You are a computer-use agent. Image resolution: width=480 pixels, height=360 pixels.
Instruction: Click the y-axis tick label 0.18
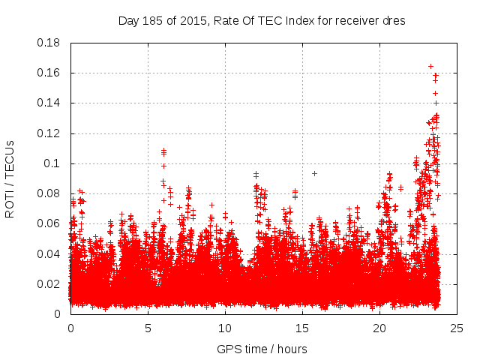coord(49,43)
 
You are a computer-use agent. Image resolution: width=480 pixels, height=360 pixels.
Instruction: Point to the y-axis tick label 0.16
coord(49,73)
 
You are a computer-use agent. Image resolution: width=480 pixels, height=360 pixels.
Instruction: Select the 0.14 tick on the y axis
coord(49,103)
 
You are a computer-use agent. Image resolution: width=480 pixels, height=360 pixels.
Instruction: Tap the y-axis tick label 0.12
coord(49,133)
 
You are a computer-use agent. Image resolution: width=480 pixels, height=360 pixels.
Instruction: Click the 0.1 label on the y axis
coord(52,163)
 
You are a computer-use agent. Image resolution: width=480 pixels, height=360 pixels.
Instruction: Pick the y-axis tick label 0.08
coord(49,193)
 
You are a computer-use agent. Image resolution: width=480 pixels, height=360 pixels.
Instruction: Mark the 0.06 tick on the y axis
coord(49,223)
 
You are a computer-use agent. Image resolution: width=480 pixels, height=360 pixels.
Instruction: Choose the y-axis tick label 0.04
coord(49,253)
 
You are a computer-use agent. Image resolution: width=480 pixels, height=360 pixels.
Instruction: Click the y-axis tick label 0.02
coord(49,284)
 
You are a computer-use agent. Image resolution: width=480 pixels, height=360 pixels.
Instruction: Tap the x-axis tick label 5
coord(148,328)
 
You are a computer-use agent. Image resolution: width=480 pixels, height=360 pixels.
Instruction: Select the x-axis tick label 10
coord(225,328)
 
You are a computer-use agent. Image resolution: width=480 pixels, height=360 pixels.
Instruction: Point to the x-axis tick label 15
coord(302,328)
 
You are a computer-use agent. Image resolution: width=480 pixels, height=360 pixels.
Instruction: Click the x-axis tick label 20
coord(379,328)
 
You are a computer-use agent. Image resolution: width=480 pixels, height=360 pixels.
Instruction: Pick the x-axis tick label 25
coord(457,328)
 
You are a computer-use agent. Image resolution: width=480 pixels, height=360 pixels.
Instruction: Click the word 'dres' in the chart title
coord(394,21)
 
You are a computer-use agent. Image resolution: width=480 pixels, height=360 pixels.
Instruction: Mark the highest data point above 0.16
coord(430,66)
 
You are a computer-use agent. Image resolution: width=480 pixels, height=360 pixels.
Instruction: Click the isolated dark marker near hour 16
coord(314,173)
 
